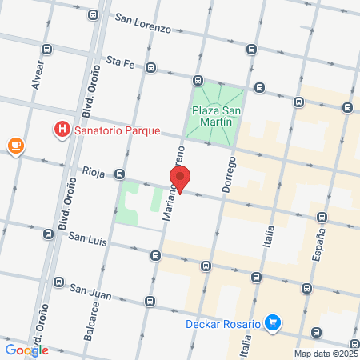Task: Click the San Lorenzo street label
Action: tap(142, 22)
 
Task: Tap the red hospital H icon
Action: tap(61, 129)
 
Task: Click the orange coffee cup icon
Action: tap(14, 145)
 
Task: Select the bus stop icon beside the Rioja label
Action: tap(119, 174)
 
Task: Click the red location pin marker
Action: tap(180, 179)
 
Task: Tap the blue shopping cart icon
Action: tap(274, 322)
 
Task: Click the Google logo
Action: tap(26, 350)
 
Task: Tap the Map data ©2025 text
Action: tap(326, 353)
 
